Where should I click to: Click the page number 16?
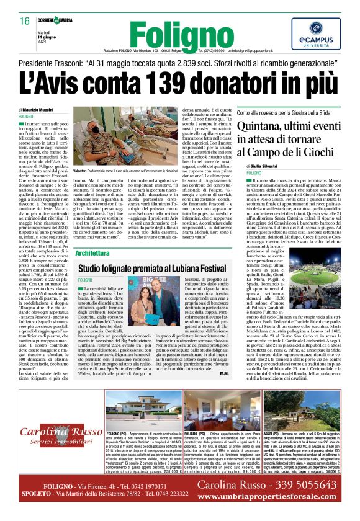[x=25, y=21]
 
